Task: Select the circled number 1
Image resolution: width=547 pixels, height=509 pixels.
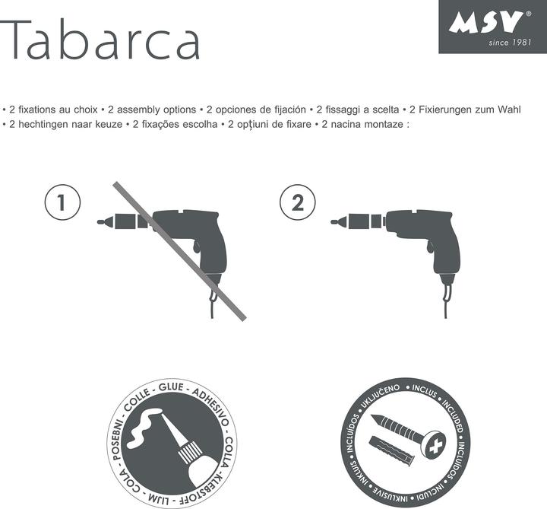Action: click(x=63, y=203)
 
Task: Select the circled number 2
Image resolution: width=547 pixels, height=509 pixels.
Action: click(x=297, y=203)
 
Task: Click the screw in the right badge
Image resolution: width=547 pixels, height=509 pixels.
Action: click(x=403, y=430)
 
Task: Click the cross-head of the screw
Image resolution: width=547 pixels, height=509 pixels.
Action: click(x=435, y=444)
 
